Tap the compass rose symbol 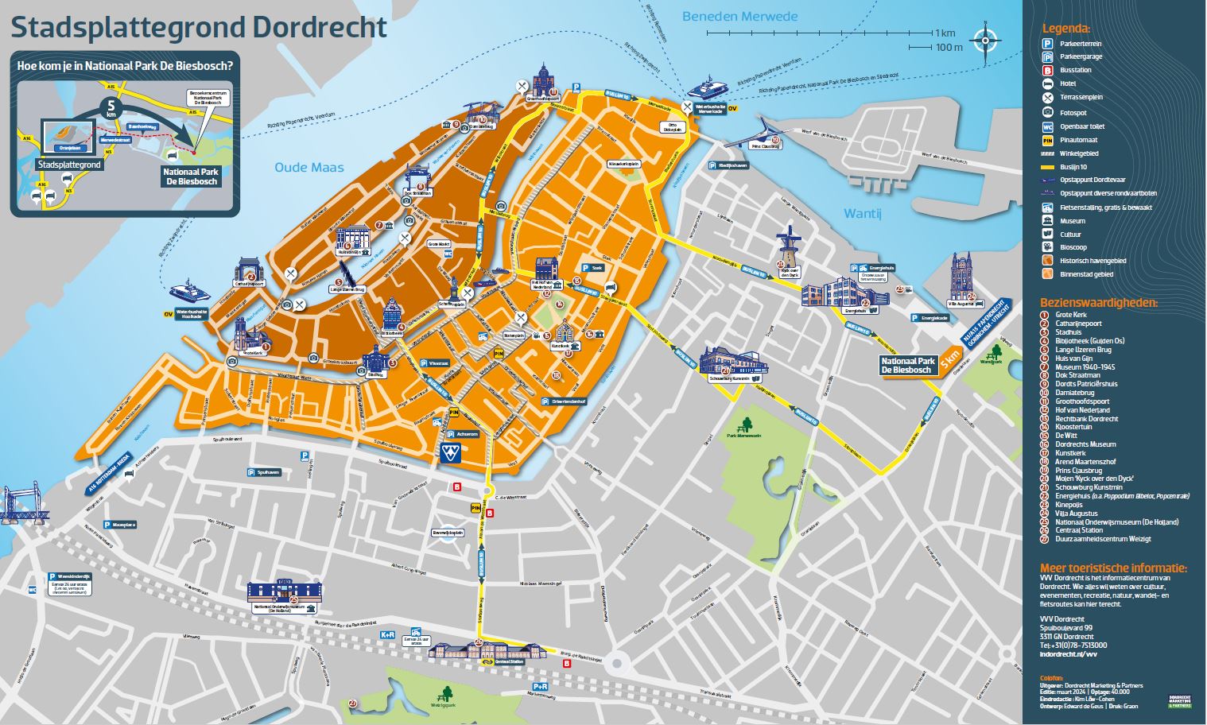(986, 39)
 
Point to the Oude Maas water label (309, 167)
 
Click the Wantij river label (863, 213)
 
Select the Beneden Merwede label (739, 17)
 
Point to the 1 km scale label (945, 33)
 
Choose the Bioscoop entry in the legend (1070, 248)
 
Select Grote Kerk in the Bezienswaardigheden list (1069, 315)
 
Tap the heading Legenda (1066, 29)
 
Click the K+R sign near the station (387, 634)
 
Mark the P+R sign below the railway (540, 686)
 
